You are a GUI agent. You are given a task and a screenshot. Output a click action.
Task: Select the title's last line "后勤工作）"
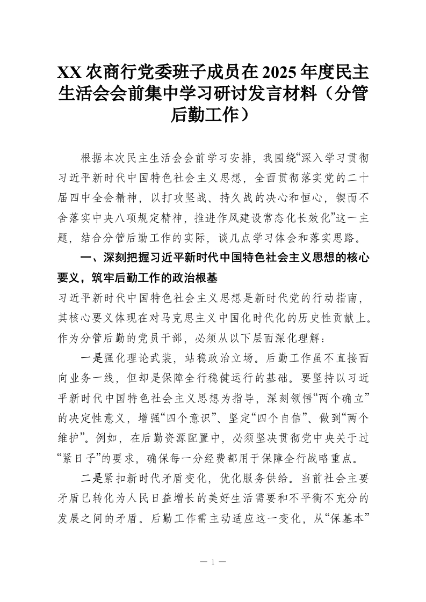[213, 114]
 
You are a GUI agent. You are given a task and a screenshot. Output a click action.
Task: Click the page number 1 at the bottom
[213, 562]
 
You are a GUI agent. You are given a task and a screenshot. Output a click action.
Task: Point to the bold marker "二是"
[90, 478]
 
